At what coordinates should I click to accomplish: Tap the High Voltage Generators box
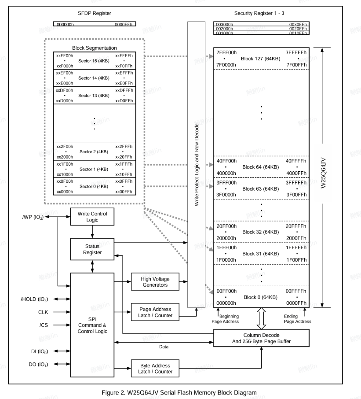tap(155, 281)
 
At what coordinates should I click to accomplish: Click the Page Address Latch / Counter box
tap(155, 312)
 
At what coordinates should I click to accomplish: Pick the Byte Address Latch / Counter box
tap(155, 368)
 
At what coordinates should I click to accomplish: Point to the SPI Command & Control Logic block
tap(92, 324)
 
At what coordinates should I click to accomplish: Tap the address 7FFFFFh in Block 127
tap(296, 52)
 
